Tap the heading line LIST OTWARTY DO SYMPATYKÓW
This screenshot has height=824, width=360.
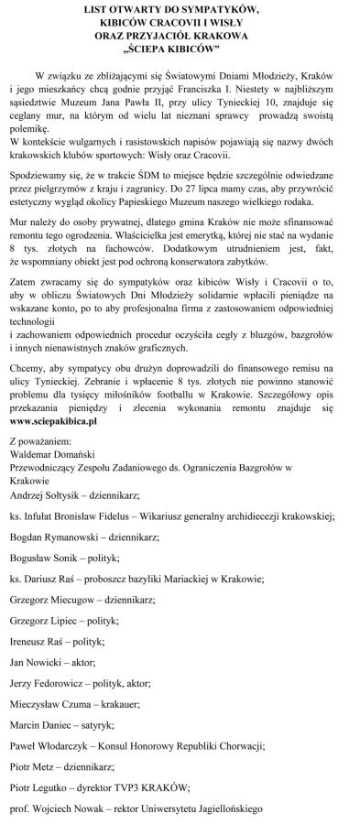coord(180,7)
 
